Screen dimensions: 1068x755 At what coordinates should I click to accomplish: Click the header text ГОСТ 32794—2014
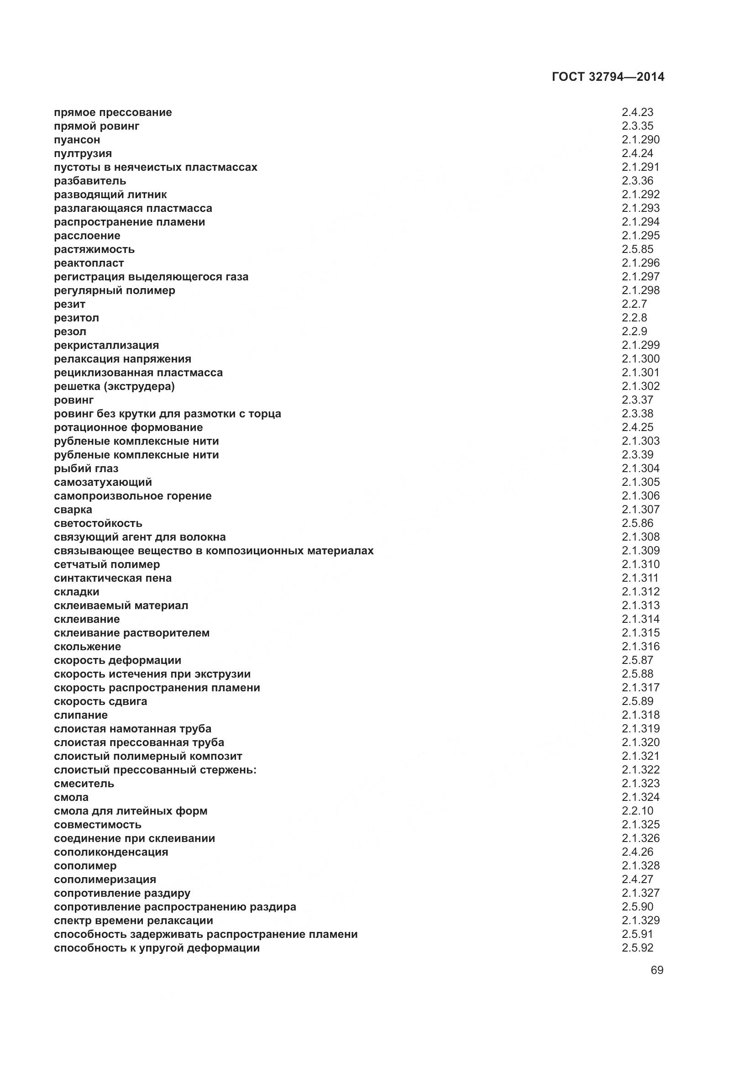(608, 77)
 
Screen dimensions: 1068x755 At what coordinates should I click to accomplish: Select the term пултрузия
(83, 153)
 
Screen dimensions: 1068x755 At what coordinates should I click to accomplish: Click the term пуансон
(77, 140)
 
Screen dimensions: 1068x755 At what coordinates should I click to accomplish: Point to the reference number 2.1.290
(640, 140)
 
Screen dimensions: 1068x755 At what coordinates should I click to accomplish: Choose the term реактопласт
(89, 263)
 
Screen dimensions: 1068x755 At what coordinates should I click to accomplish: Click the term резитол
(76, 318)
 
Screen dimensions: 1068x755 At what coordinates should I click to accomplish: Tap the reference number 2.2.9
(634, 331)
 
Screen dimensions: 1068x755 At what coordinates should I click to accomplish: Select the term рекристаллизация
(106, 345)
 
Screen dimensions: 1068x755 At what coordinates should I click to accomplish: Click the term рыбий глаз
(86, 468)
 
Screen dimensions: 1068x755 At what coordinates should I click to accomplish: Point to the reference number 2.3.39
(637, 454)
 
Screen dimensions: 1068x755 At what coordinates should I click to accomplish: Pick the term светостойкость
(98, 523)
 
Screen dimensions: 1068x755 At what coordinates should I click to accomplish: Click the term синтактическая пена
(112, 578)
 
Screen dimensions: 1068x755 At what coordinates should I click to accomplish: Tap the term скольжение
(87, 646)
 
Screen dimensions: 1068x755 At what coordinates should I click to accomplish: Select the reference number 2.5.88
(637, 673)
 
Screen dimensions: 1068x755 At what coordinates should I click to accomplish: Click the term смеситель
(84, 784)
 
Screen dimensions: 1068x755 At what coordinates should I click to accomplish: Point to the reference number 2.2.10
(637, 810)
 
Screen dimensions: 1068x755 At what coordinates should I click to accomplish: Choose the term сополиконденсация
(110, 852)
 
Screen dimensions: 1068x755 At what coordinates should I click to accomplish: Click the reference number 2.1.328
(640, 865)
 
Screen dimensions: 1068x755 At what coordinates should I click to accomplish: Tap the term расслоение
(87, 235)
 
